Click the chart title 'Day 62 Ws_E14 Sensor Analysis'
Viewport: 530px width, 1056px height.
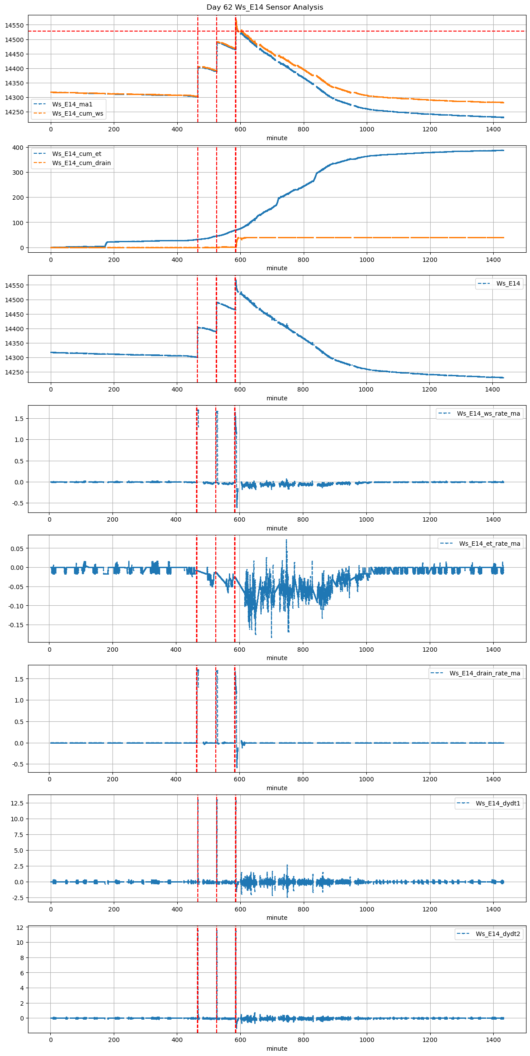click(265, 7)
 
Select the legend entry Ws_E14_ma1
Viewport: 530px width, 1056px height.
click(72, 104)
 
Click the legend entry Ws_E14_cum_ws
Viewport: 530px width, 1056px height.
click(77, 113)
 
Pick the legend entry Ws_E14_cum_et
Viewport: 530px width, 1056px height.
click(77, 154)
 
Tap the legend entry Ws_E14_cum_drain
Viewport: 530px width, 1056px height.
click(81, 163)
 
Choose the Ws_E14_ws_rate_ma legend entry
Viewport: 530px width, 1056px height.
click(488, 413)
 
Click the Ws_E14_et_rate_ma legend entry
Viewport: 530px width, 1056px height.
click(489, 544)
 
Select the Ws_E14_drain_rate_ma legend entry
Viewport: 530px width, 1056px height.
click(484, 673)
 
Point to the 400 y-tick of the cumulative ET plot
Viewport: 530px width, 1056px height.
click(18, 148)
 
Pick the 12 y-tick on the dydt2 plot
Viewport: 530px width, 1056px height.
click(20, 928)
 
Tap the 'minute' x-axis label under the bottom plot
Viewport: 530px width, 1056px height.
click(277, 1049)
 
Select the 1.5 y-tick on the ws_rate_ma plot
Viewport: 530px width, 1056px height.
click(18, 419)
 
